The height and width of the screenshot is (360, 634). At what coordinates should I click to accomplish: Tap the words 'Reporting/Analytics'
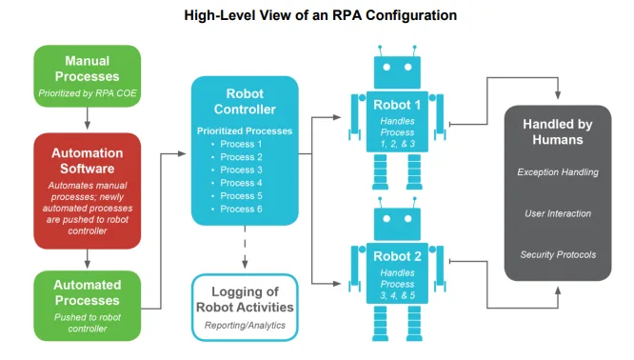[245, 325]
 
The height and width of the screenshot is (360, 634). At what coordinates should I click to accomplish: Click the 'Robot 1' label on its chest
[398, 105]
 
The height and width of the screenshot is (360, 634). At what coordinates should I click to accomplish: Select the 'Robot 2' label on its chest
[398, 257]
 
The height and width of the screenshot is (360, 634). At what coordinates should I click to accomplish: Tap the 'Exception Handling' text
[558, 172]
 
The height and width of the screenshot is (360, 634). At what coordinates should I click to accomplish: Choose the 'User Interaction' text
[558, 213]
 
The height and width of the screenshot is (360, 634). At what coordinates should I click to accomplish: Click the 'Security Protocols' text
[558, 254]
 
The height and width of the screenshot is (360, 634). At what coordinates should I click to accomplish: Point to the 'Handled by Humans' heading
[558, 132]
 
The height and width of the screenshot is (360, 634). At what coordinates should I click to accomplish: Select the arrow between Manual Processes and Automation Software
[87, 117]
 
